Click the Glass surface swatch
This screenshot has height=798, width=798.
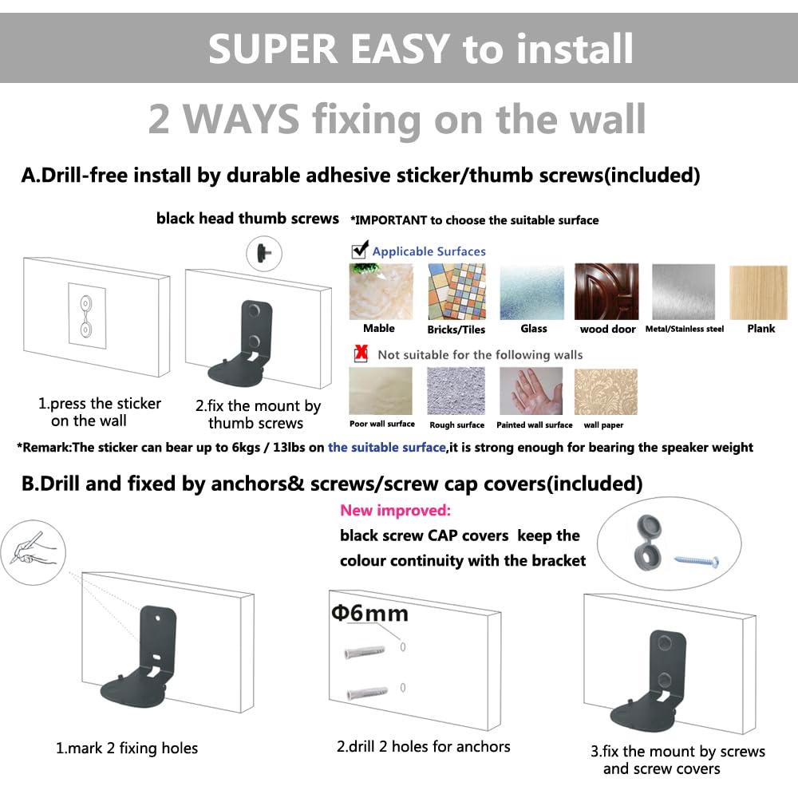[531, 292]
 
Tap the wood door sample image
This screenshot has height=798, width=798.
[606, 291]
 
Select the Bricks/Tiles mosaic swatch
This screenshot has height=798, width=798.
[456, 291]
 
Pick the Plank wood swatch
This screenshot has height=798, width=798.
[758, 293]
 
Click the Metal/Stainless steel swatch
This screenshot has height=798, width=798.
[683, 292]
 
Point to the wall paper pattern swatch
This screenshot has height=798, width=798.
[606, 392]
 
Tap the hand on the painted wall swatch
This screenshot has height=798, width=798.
[531, 391]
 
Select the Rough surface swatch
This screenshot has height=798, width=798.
[456, 391]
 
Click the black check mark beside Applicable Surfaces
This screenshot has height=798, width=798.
[360, 249]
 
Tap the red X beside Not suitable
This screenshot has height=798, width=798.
[361, 353]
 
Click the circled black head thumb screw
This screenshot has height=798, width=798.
[264, 253]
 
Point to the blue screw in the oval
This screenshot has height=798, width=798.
[696, 561]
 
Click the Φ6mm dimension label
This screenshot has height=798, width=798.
[369, 613]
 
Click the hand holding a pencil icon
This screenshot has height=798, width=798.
[34, 553]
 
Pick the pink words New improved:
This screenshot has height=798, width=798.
[396, 510]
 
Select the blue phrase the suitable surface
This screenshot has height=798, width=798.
[387, 448]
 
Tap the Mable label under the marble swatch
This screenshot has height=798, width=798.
[378, 328]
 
